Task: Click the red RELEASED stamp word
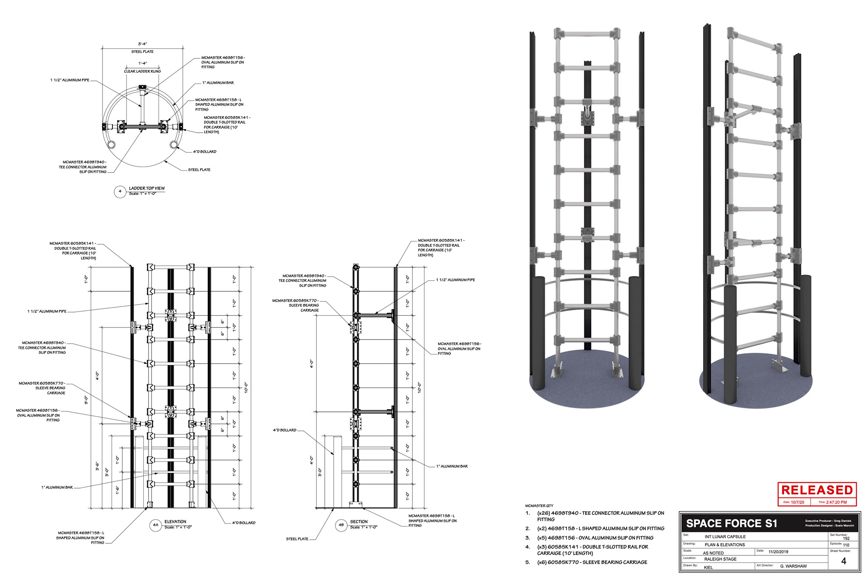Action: [817, 490]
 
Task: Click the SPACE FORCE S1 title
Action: [732, 523]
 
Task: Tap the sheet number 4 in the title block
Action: [844, 561]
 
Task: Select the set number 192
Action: [846, 538]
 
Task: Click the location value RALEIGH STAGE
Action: [720, 559]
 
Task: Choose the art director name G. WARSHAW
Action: [793, 566]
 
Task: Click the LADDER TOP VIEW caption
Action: [147, 188]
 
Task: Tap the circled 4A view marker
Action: [155, 525]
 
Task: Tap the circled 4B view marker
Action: [341, 525]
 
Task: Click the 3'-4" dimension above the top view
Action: [142, 44]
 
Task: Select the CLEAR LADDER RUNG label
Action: [142, 71]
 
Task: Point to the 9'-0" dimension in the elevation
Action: [86, 400]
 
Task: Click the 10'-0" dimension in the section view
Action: [420, 387]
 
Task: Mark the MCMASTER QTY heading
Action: [539, 506]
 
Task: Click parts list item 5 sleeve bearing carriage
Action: [592, 562]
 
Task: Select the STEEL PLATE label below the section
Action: [297, 539]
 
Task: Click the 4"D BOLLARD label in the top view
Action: [205, 152]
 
